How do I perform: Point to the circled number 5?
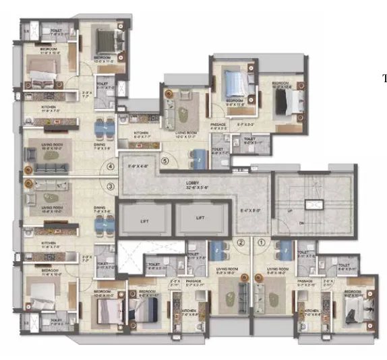coord(164,161)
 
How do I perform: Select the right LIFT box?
coord(200,218)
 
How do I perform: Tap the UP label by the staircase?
coord(290,211)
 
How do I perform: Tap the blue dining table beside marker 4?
coord(101,127)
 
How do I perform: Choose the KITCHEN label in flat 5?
coord(142,133)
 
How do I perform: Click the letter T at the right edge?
coord(384,79)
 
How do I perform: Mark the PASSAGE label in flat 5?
coord(218,125)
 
